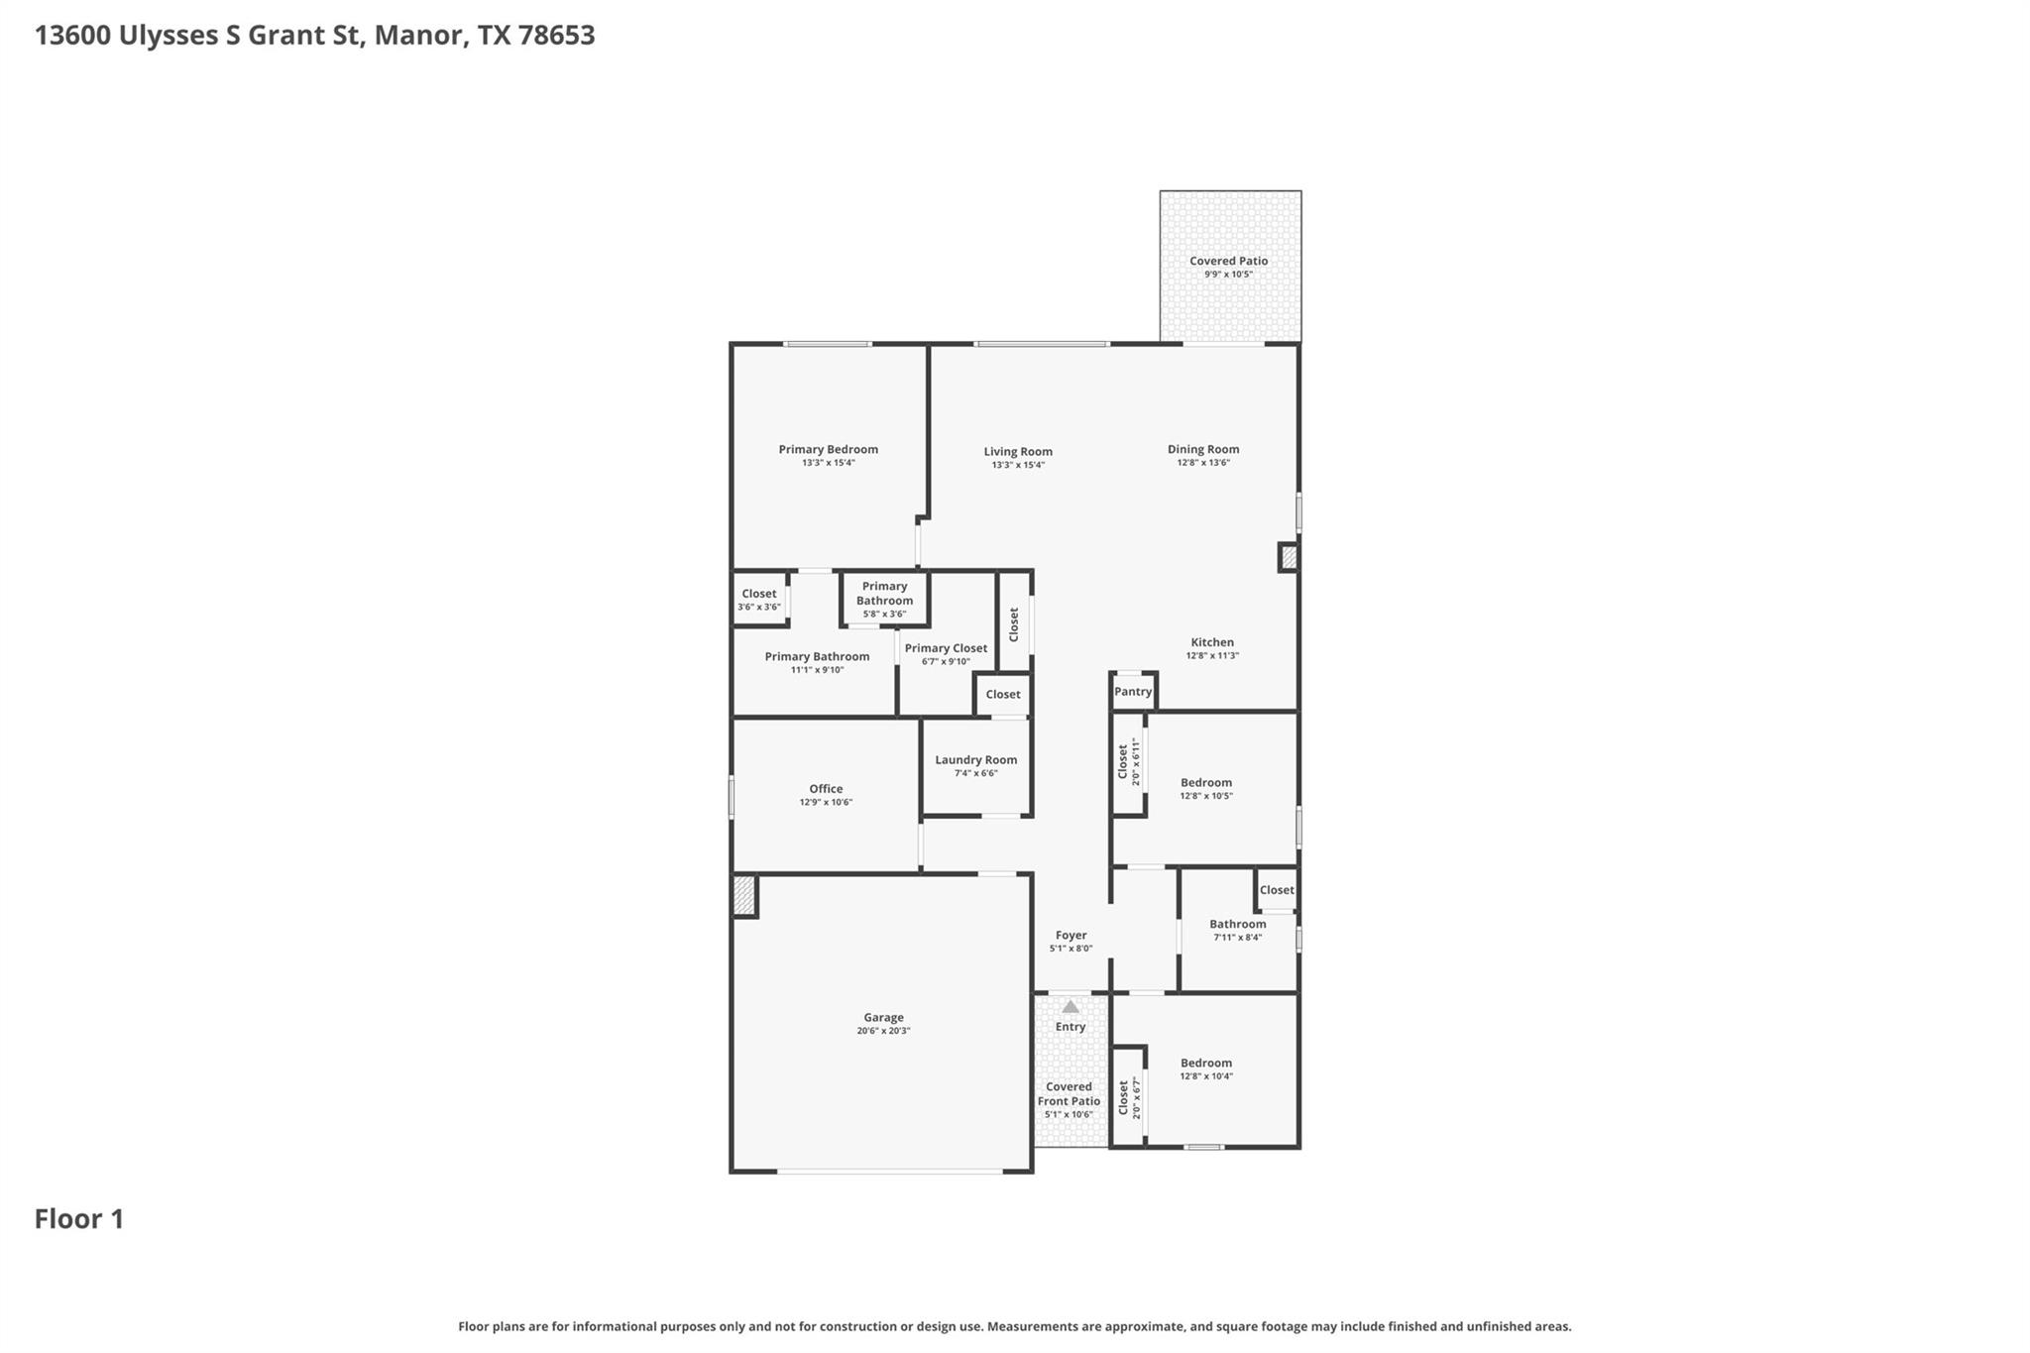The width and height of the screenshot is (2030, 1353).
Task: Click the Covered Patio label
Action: [1228, 261]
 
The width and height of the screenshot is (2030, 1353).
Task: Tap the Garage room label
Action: [883, 1017]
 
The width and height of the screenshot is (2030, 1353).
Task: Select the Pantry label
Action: [1133, 692]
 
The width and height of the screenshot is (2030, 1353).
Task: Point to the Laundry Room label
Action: [975, 760]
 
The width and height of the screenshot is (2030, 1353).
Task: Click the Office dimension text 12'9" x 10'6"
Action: [826, 802]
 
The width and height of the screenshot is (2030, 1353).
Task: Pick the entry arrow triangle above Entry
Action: [1071, 1007]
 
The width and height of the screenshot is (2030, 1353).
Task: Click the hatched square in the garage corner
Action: [744, 896]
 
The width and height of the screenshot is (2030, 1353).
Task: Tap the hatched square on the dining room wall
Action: [1289, 558]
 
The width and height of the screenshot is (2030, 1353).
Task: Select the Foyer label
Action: [1071, 935]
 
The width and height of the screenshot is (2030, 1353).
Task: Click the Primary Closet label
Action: [946, 648]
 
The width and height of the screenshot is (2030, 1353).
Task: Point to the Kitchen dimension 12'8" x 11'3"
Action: [1212, 655]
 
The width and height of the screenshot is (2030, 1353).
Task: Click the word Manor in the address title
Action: [416, 36]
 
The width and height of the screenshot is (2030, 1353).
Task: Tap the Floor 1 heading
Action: [79, 1219]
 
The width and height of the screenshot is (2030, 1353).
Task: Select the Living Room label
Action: [1018, 451]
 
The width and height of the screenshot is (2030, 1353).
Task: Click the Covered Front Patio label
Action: [1069, 1093]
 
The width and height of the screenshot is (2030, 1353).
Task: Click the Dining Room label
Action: [1203, 449]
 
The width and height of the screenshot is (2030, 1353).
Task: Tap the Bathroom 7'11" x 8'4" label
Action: [1237, 924]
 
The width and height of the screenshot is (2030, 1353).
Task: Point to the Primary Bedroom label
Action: [828, 449]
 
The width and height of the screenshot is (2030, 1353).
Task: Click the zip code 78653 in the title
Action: [556, 36]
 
